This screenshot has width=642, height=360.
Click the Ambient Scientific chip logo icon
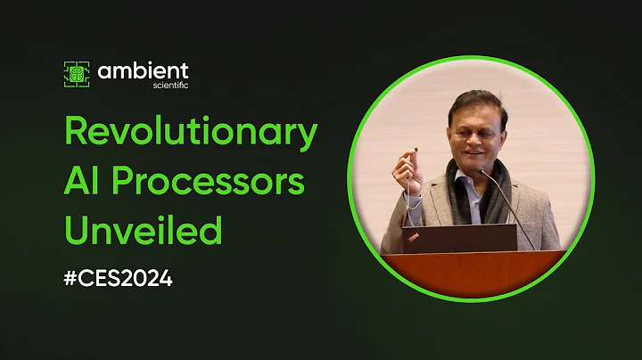[x=77, y=74]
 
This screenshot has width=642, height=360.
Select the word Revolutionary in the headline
[x=190, y=133]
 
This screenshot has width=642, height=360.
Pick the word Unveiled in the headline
[x=142, y=231]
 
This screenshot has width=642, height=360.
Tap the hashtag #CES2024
[x=118, y=277]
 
